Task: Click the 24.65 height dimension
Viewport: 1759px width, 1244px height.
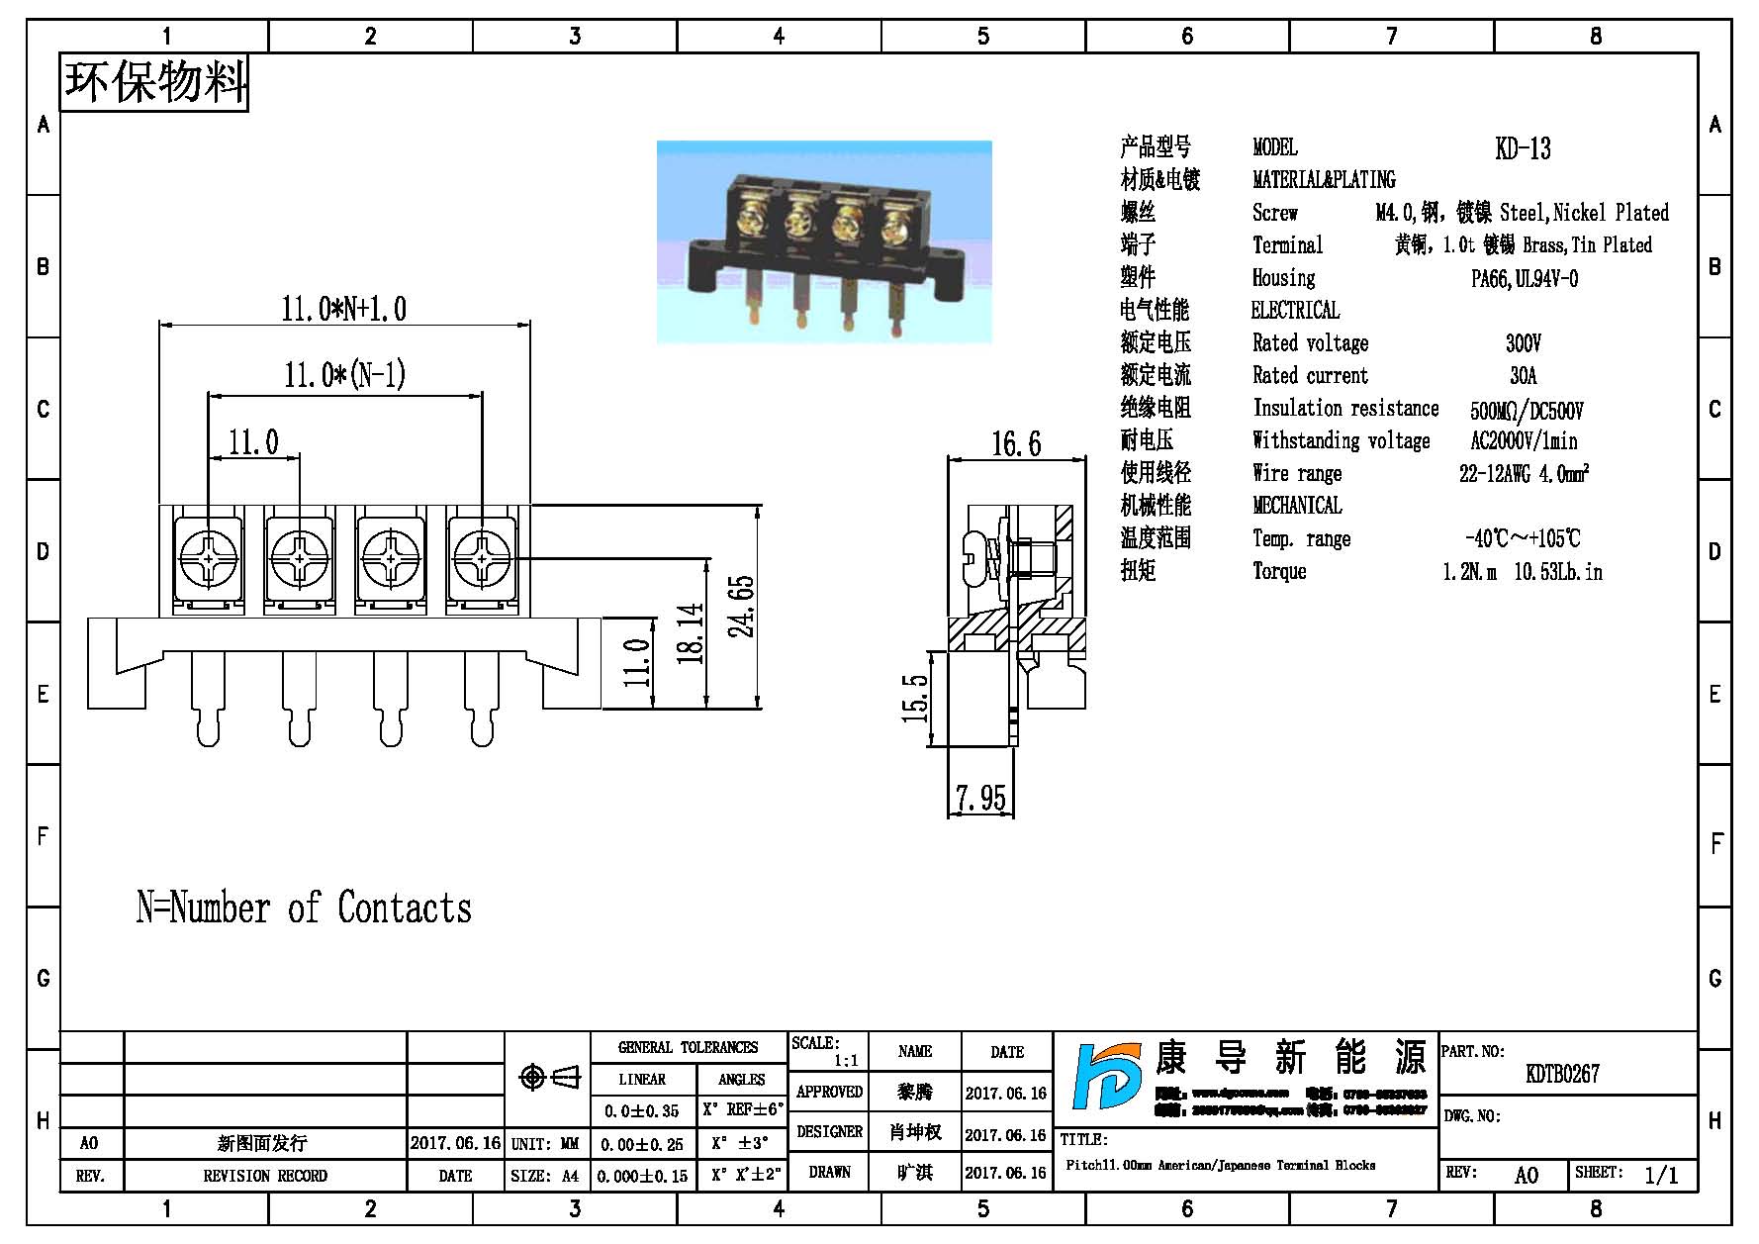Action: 743,606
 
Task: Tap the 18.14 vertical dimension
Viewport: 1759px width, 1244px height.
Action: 692,633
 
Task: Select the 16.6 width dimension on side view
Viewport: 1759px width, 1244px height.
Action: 1016,443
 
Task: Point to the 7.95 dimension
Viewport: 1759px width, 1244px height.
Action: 980,798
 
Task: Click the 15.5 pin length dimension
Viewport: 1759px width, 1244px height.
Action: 916,698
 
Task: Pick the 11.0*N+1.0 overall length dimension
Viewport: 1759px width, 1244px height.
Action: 343,309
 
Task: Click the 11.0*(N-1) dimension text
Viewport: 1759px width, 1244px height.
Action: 344,375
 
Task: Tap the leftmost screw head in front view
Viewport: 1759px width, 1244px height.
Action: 209,559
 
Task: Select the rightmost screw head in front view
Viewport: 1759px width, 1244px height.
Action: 482,559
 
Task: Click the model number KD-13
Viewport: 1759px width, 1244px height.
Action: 1523,149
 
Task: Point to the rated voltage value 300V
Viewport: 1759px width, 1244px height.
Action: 1523,343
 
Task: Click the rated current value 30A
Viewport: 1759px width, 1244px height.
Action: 1523,376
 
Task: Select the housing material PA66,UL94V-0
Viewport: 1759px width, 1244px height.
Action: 1524,279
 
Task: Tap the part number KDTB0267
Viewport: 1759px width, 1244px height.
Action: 1562,1074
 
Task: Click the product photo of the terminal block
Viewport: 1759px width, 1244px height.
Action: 824,242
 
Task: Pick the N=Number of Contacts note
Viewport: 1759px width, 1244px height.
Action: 304,908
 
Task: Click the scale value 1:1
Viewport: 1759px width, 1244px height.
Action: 846,1061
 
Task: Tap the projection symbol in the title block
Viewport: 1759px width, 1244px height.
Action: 549,1077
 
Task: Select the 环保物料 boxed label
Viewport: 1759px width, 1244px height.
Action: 154,82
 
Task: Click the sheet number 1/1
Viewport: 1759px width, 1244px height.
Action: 1661,1175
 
